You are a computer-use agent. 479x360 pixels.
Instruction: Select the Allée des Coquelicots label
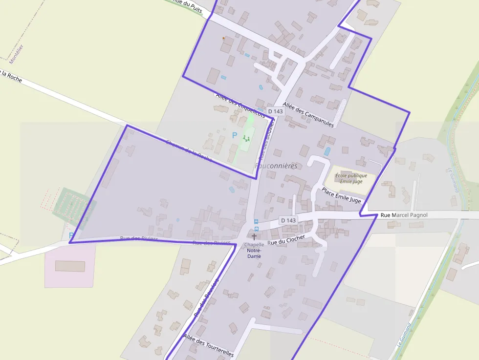click(x=240, y=105)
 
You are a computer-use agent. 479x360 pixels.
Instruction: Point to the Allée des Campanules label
click(x=308, y=111)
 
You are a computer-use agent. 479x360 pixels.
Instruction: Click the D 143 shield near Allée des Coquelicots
click(x=276, y=111)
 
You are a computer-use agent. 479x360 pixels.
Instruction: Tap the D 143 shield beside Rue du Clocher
click(x=288, y=220)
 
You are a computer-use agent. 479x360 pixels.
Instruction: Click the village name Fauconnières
click(x=276, y=166)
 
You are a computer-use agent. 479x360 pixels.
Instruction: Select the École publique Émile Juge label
click(x=351, y=178)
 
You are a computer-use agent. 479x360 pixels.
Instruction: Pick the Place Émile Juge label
click(x=341, y=195)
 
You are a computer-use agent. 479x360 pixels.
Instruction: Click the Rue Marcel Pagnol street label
click(x=404, y=215)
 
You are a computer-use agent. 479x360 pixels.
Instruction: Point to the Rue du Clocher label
click(x=286, y=239)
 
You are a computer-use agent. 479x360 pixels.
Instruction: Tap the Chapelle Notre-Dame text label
click(x=254, y=250)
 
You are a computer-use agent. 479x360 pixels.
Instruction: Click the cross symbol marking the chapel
click(x=254, y=236)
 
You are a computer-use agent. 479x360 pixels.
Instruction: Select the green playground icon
click(x=246, y=139)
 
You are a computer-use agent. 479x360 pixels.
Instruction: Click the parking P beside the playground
click(x=234, y=135)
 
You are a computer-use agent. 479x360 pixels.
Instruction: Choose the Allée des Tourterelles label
click(x=209, y=345)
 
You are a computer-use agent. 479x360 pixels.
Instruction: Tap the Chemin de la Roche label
click(x=189, y=151)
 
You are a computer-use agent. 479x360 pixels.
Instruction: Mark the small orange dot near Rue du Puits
click(x=224, y=38)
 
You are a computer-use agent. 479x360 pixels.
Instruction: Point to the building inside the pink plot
click(x=70, y=266)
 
